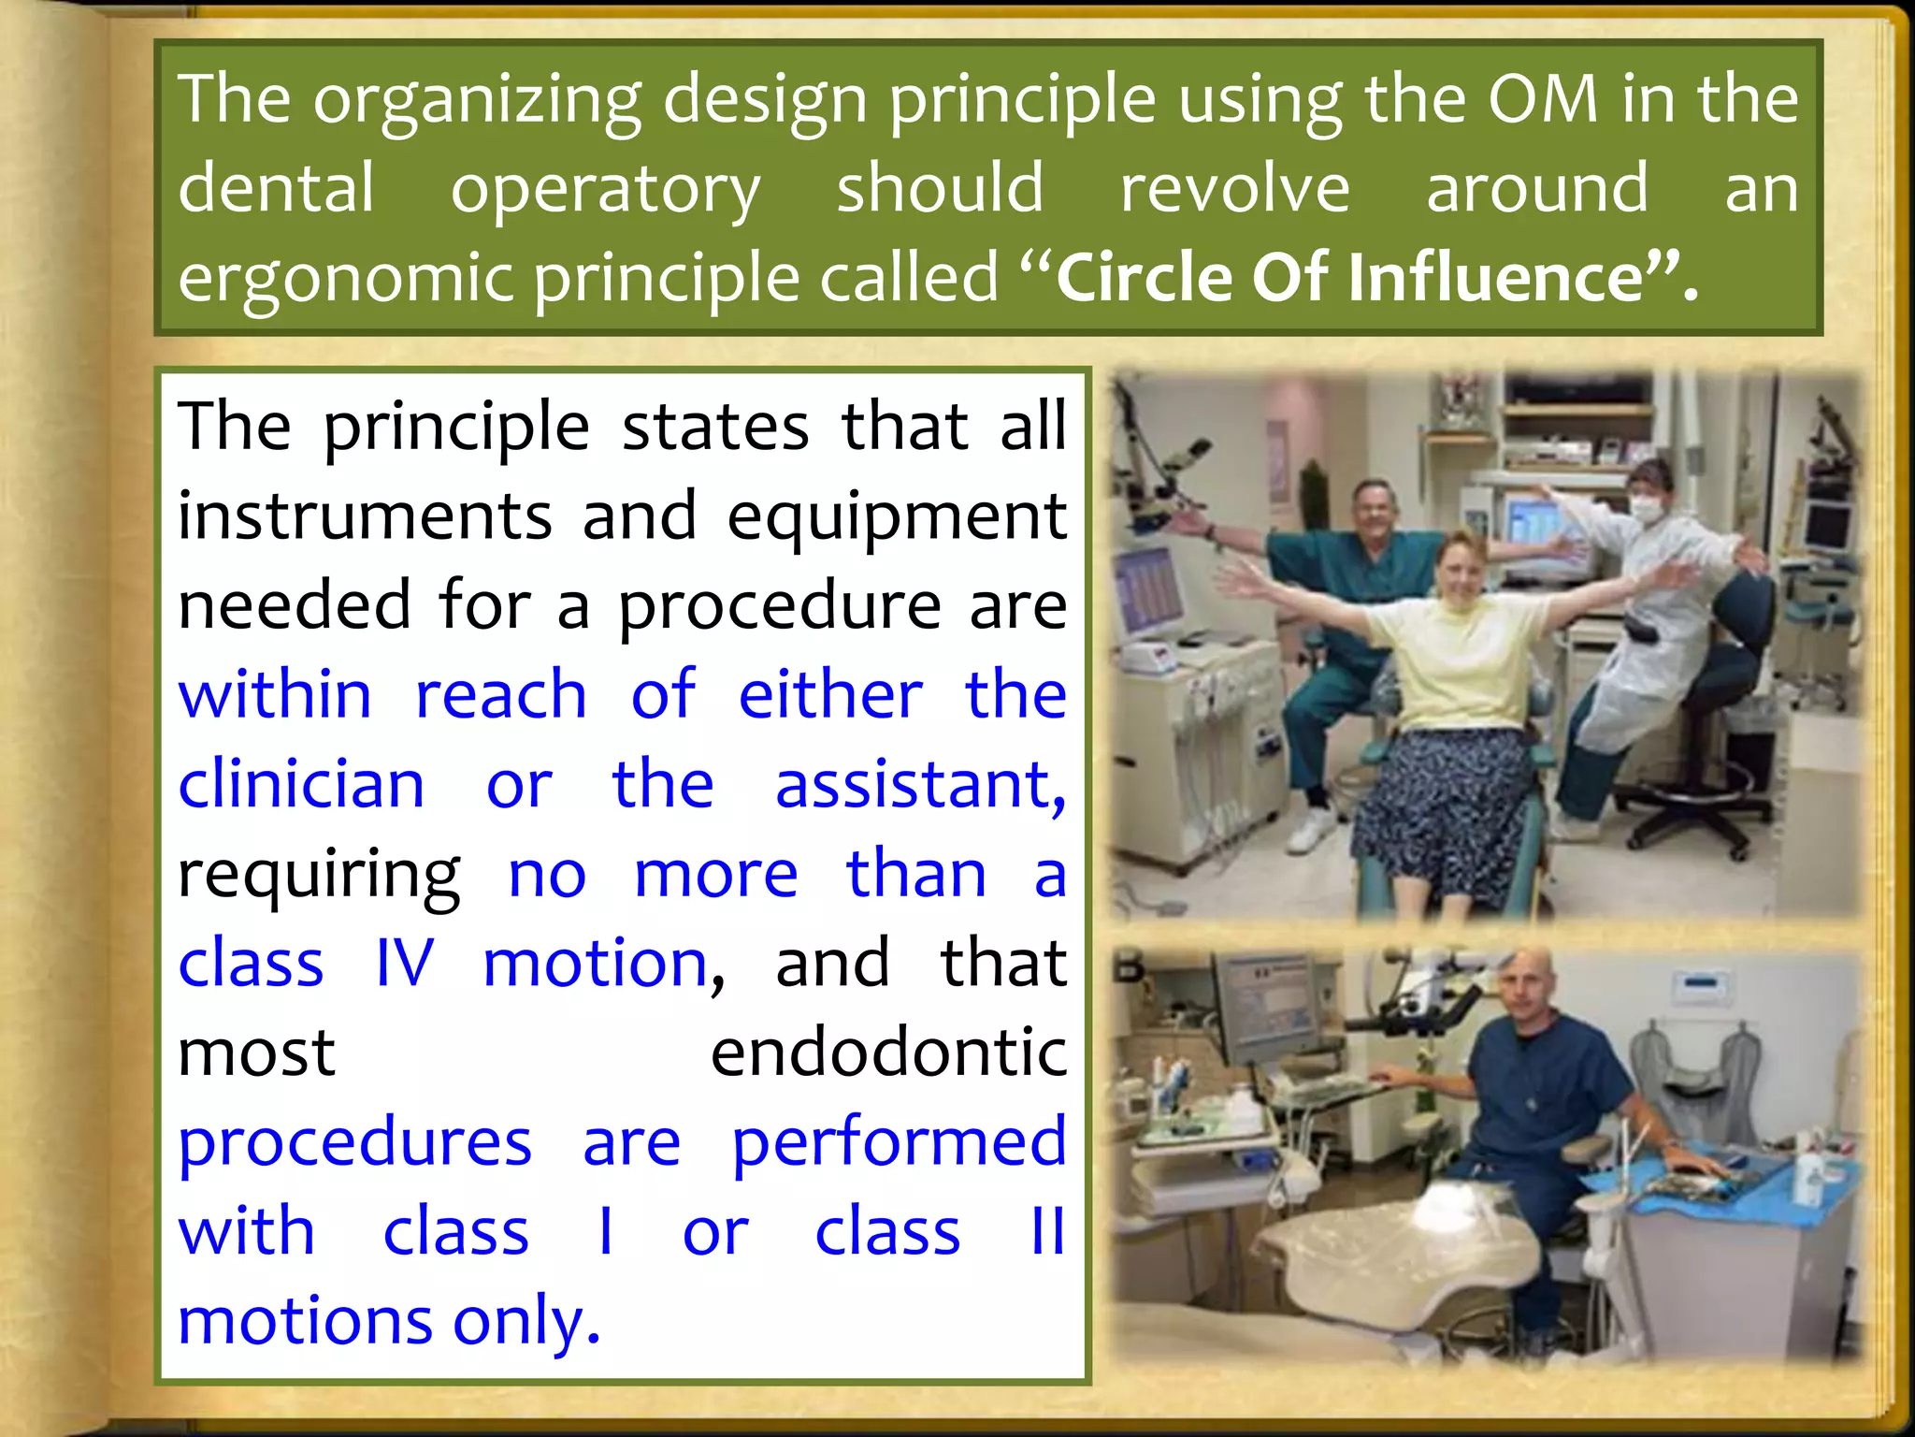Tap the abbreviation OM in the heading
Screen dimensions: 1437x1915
1543,98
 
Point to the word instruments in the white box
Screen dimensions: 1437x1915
365,515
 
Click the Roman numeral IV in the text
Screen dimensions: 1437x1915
404,963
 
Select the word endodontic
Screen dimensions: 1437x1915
888,1052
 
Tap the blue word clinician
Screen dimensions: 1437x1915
301,784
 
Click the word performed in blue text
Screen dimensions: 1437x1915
898,1142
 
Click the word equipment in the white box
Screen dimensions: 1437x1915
897,515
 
